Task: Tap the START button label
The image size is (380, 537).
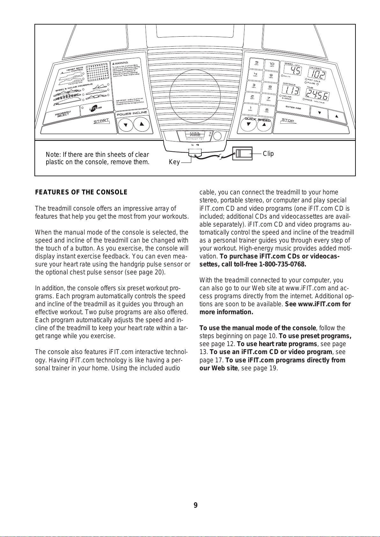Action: click(x=101, y=121)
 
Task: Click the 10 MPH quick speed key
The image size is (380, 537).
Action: click(x=272, y=65)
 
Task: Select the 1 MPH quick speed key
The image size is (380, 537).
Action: click(x=251, y=109)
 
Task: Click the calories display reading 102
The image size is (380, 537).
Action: click(x=318, y=75)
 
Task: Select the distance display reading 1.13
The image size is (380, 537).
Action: click(x=291, y=91)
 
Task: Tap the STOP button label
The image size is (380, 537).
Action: click(x=288, y=120)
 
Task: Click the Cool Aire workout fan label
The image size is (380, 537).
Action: click(x=195, y=135)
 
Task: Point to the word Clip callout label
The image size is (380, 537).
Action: click(x=268, y=154)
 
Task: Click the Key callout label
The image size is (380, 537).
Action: click(x=174, y=162)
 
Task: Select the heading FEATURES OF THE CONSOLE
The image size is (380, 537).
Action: click(x=81, y=192)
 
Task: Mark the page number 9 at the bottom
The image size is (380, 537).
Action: click(x=195, y=505)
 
